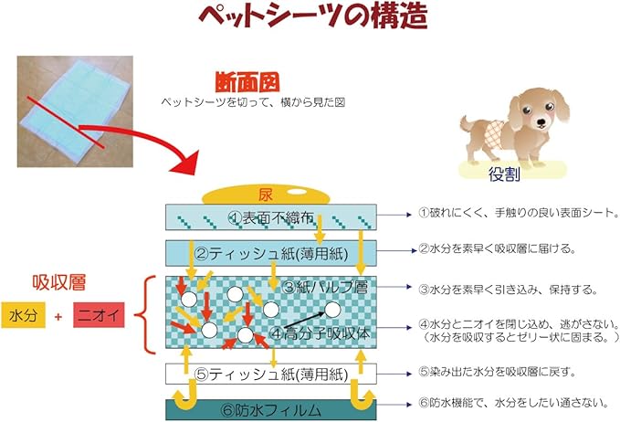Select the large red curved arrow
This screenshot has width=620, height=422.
click(155, 137)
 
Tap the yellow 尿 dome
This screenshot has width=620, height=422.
click(266, 195)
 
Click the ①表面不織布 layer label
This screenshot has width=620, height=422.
click(271, 218)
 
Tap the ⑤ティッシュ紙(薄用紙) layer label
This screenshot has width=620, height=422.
click(271, 374)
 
